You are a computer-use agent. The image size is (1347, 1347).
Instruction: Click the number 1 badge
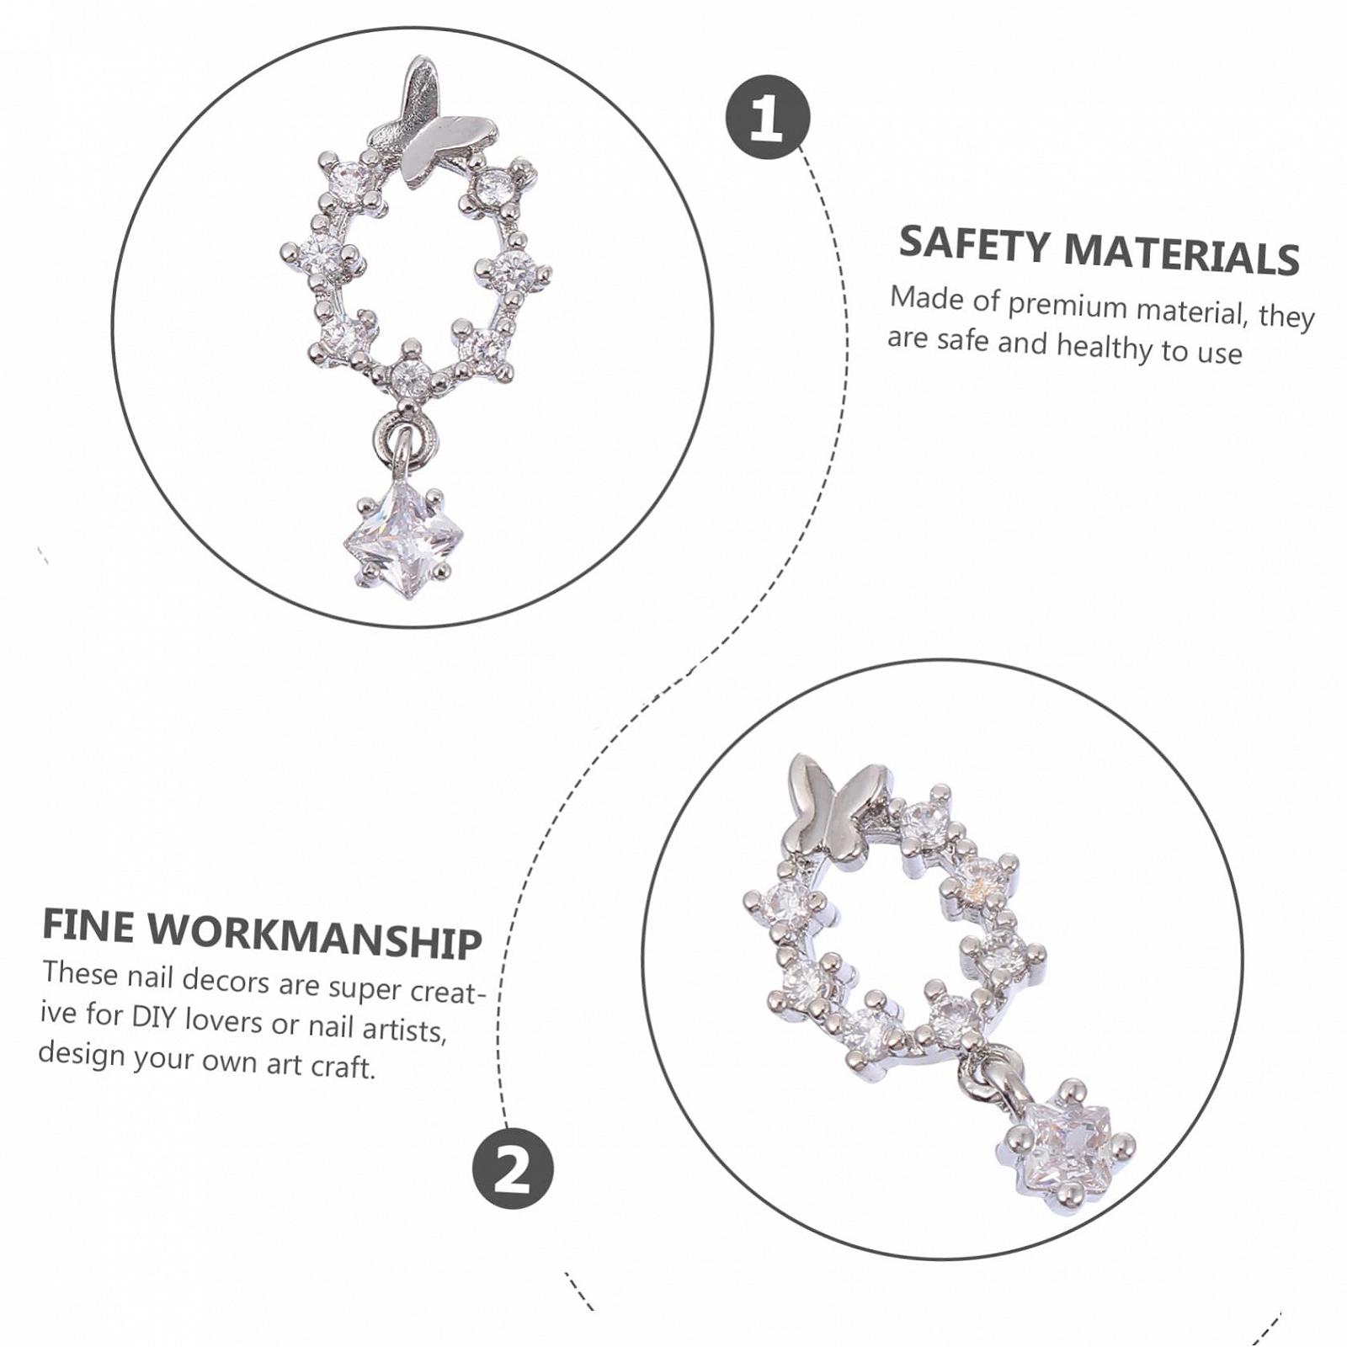767,117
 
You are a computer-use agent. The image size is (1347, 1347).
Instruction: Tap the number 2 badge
513,1169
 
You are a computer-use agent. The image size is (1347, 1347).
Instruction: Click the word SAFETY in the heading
974,244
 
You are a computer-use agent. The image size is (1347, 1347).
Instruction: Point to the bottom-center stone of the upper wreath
412,375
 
